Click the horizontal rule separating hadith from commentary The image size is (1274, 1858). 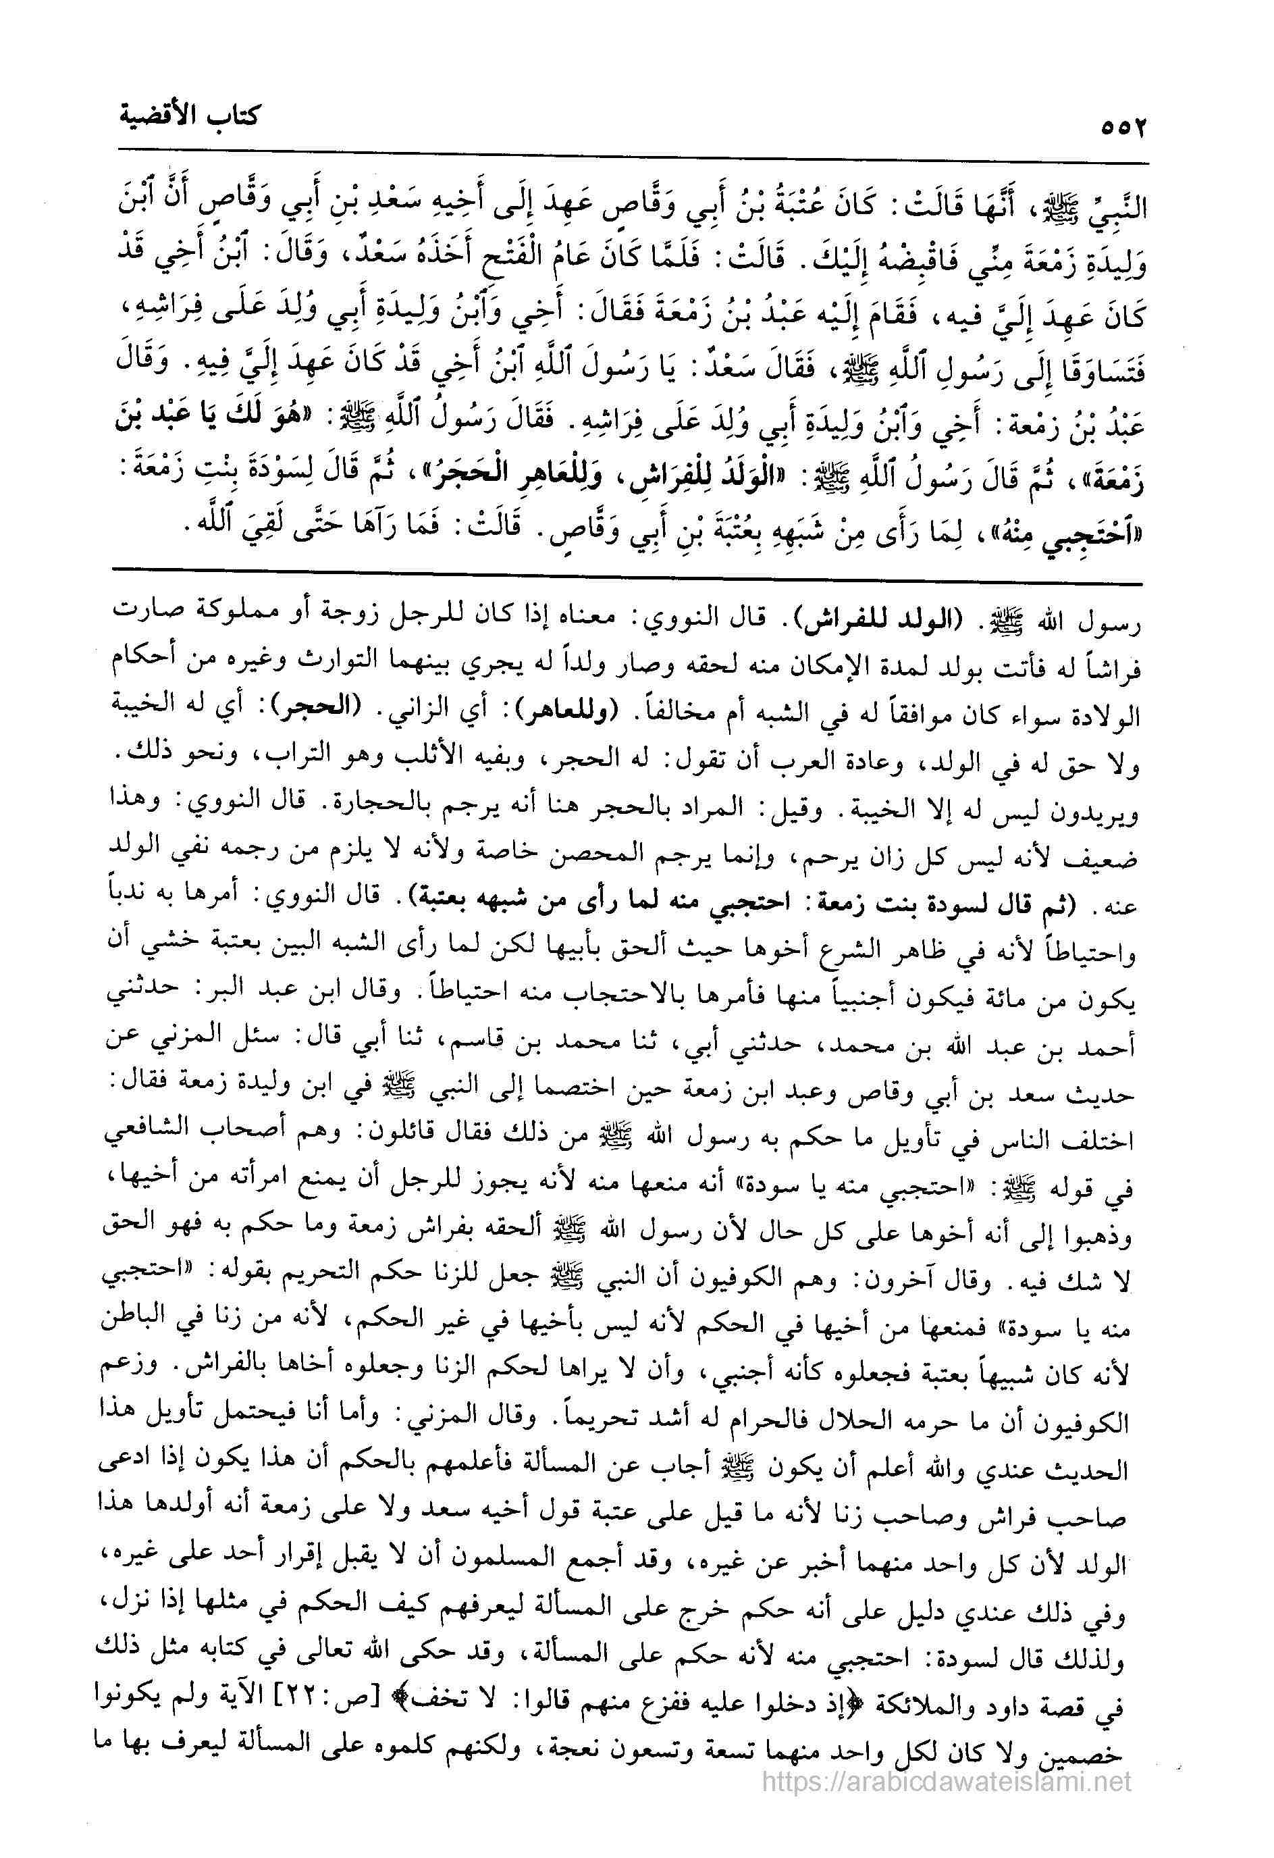pos(623,569)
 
